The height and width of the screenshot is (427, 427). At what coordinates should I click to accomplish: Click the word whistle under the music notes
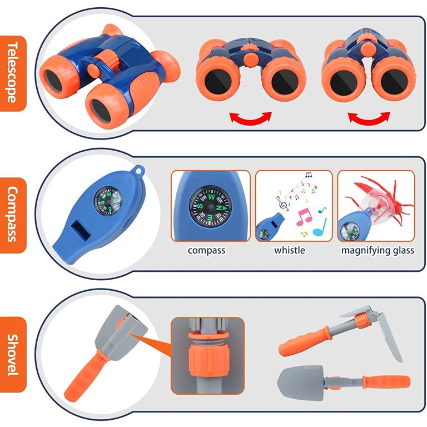pyautogui.click(x=290, y=250)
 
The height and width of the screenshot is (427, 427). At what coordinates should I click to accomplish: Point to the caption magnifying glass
pyautogui.click(x=378, y=250)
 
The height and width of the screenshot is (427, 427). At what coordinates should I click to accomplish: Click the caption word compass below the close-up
pyautogui.click(x=206, y=250)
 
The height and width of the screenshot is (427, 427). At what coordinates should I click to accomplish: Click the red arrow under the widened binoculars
pyautogui.click(x=251, y=118)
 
